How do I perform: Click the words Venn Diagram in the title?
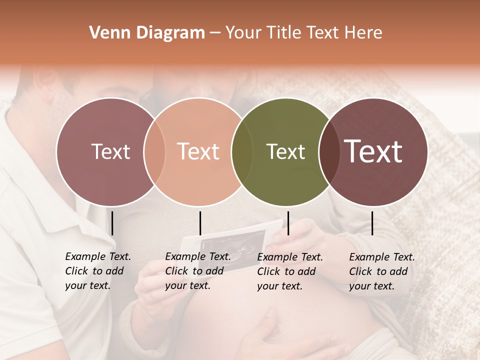147,33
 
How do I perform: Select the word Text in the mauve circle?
110,151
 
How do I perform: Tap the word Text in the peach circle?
198,151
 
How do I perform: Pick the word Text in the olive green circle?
285,151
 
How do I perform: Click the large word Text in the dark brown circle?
373,151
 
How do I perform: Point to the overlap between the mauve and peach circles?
154,152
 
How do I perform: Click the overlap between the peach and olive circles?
242,152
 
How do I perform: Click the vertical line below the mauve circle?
112,223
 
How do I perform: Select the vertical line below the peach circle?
200,223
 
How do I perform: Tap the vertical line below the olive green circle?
288,223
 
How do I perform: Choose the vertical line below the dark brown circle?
372,223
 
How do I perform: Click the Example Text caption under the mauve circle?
97,271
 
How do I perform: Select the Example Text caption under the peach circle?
197,271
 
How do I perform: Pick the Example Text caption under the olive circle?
289,271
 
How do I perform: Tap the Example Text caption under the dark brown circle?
381,271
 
